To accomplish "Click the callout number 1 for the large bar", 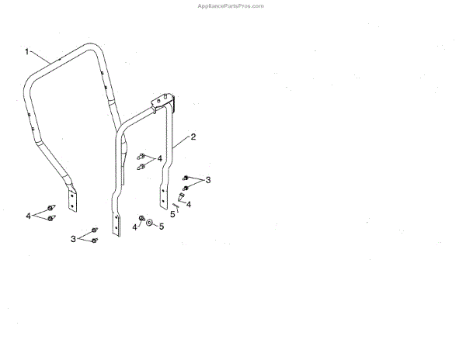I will (26, 52).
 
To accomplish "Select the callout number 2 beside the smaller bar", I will (193, 137).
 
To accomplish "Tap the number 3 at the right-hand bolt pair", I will (207, 180).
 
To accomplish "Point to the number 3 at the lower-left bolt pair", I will (73, 238).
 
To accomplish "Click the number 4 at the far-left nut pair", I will (29, 215).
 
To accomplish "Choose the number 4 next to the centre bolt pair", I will (159, 158).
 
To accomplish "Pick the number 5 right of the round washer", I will (162, 227).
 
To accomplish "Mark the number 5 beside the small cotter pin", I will (172, 212).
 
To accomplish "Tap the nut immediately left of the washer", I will (141, 218).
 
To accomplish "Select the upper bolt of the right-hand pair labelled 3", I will (186, 178).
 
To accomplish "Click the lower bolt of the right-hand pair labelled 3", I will (186, 189).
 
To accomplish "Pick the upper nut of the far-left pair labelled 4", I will (50, 208).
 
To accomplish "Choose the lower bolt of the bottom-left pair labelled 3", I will (94, 241).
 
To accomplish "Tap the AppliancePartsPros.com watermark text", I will (232, 5).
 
